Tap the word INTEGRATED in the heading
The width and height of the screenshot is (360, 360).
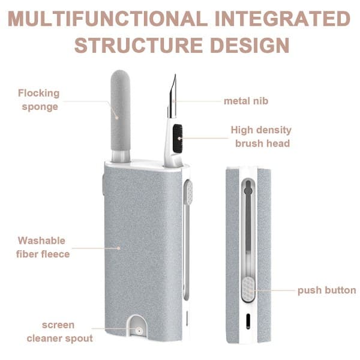pos(283,19)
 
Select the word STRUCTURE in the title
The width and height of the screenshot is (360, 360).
pos(139,45)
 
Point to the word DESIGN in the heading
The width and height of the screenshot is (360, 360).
pos(250,45)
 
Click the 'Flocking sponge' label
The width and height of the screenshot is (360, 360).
pos(39,100)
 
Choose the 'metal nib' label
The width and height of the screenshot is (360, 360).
pos(246,101)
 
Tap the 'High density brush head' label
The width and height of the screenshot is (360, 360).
pos(261,137)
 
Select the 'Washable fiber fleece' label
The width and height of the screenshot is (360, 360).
pos(43,247)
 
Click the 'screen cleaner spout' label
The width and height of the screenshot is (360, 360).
pos(59,332)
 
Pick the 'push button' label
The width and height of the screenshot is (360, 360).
pos(327,290)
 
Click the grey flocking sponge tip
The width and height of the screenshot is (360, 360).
pos(121,110)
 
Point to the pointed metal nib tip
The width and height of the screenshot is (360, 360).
pos(175,74)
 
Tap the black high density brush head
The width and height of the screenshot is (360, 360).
pos(178,139)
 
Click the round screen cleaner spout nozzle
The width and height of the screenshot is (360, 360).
pos(139,331)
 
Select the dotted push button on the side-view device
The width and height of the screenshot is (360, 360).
pos(248,289)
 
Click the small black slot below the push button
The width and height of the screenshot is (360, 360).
pos(248,321)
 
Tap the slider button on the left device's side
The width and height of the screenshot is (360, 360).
pos(189,192)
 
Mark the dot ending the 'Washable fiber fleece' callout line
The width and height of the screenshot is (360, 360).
pos(118,248)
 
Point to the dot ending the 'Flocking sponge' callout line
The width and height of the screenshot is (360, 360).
pos(116,118)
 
